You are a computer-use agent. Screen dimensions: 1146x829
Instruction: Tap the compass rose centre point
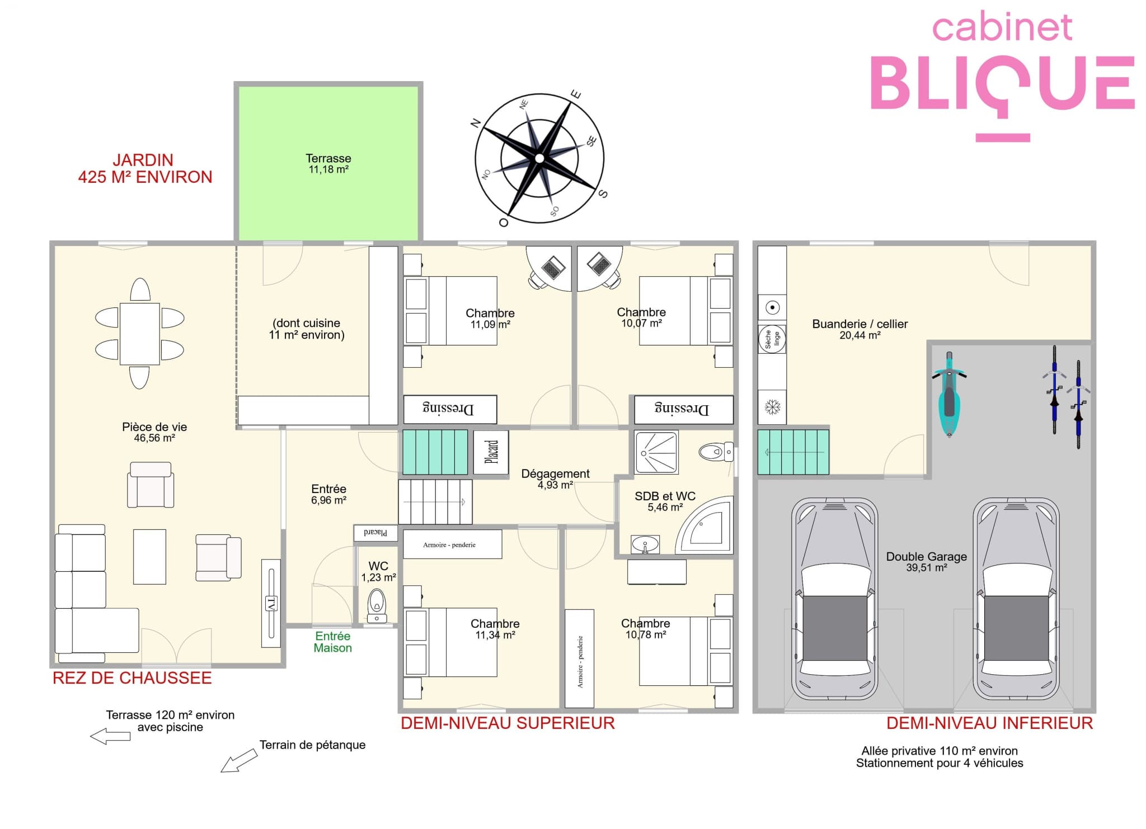point(539,158)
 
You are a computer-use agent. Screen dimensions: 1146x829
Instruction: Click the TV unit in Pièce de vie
point(271,603)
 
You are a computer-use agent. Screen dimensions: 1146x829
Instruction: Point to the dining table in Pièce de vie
point(139,334)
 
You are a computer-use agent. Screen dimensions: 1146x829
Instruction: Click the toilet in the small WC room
point(377,606)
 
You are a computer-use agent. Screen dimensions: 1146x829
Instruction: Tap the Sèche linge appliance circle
point(772,339)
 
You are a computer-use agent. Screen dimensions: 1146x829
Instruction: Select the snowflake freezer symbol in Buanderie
point(772,407)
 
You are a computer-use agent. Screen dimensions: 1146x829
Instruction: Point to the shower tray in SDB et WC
point(656,452)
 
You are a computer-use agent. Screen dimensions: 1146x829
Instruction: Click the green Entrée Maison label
point(333,642)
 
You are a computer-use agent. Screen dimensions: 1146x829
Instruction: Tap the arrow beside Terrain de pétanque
point(239,761)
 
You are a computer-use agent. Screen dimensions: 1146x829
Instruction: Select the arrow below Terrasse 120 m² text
point(110,736)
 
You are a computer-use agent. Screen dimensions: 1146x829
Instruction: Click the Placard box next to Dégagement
point(491,452)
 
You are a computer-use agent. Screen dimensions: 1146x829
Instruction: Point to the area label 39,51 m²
point(927,568)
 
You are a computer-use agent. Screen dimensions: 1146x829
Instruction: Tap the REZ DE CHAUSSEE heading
point(132,678)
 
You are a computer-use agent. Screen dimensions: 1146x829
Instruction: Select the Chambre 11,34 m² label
point(495,629)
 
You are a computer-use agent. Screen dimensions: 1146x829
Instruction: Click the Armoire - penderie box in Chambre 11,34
point(452,544)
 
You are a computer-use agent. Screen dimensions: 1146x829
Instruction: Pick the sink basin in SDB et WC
point(645,544)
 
